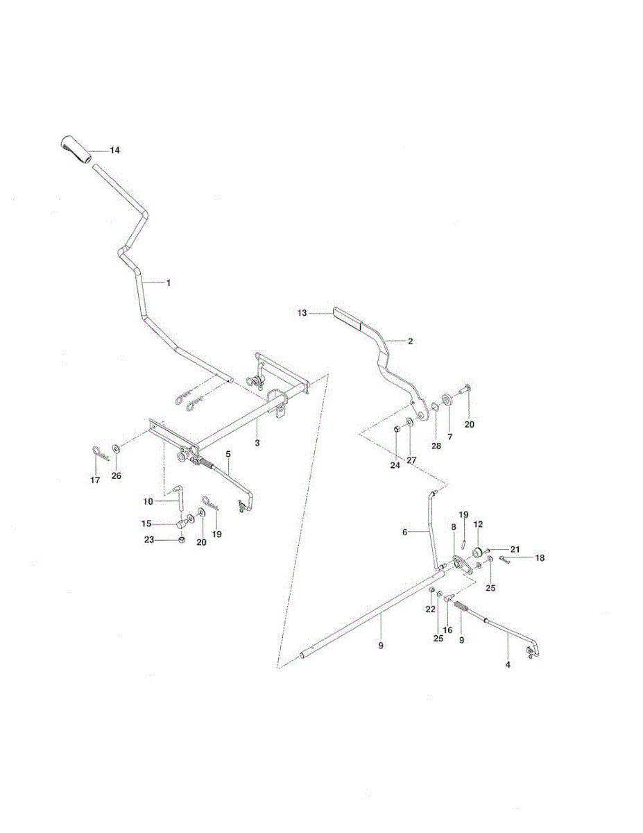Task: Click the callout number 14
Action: [x=114, y=150]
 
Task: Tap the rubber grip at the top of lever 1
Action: [x=74, y=148]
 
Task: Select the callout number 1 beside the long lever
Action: [x=167, y=283]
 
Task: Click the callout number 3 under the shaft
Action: [x=257, y=442]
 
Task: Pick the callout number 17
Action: [x=96, y=480]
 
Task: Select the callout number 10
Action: [x=148, y=500]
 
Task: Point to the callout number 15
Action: [x=146, y=523]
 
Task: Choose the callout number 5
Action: [x=228, y=454]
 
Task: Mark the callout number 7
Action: [x=449, y=437]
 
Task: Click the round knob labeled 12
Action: [x=477, y=553]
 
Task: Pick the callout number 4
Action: [x=508, y=664]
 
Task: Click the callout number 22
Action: [x=430, y=609]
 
